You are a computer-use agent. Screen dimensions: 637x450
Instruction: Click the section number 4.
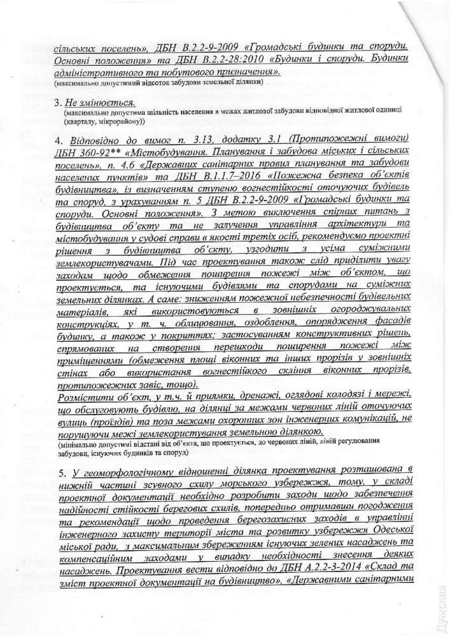pos(59,140)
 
